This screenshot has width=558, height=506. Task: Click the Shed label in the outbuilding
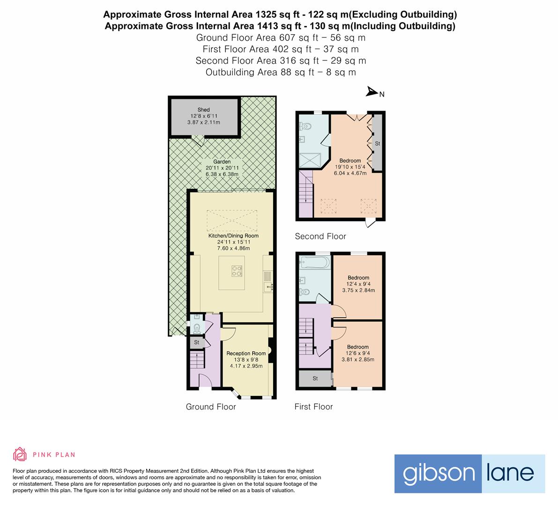(203, 110)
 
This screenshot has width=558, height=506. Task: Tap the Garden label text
(222, 162)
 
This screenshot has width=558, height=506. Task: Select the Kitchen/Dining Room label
(233, 236)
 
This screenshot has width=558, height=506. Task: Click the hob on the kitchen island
(237, 270)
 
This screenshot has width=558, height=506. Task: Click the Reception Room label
(246, 353)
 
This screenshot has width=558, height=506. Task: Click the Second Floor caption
(320, 236)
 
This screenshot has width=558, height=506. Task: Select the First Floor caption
(313, 407)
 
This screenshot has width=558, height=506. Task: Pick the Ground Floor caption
(211, 407)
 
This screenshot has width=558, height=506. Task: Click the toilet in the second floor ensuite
(305, 126)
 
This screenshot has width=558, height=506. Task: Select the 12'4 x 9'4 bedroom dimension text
(357, 284)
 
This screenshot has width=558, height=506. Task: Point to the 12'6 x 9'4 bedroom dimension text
(357, 353)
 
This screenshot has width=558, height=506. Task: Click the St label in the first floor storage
(315, 379)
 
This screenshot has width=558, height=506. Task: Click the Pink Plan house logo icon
(20, 454)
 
